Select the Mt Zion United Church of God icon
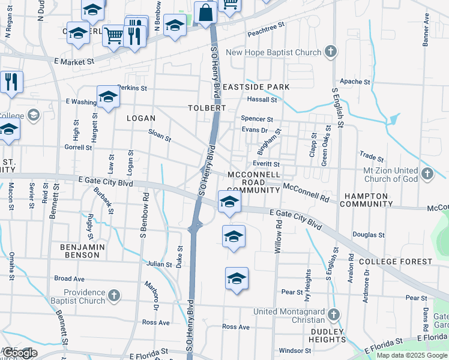tap(427, 174)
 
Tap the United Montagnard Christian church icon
tap(334, 314)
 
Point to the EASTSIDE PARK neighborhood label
tap(256, 87)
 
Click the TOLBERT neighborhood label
tap(206, 108)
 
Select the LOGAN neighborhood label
tap(141, 118)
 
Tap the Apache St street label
tap(355, 82)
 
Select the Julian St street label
tap(159, 263)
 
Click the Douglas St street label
tap(369, 235)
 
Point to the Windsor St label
tap(294, 350)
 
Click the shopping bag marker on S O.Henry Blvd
tap(205, 12)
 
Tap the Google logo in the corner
tap(19, 353)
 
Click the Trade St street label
tap(372, 157)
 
